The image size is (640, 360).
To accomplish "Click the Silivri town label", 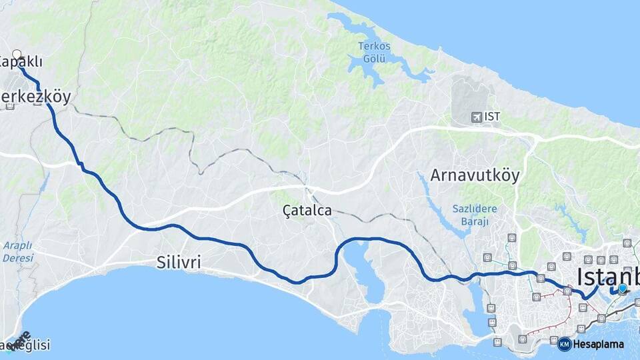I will [x=179, y=262].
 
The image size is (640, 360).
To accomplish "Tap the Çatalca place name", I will [x=307, y=211].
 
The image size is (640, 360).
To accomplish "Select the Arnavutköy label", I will [x=475, y=175].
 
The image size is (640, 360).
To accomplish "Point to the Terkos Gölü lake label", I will [x=374, y=52].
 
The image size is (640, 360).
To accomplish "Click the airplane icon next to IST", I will [x=475, y=117].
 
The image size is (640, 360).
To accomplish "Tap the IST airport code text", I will [x=493, y=117].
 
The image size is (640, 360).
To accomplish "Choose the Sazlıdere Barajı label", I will [x=471, y=214].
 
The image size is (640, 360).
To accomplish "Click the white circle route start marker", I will [x=17, y=55].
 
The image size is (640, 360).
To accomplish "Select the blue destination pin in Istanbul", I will [x=622, y=288].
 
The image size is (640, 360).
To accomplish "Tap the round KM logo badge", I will [x=564, y=344].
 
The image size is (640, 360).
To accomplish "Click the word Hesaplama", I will [x=599, y=344].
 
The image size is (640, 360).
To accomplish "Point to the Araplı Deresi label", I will [x=17, y=251].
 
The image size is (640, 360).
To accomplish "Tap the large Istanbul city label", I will [x=607, y=276].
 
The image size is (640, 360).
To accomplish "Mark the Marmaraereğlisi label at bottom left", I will [x=25, y=345].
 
